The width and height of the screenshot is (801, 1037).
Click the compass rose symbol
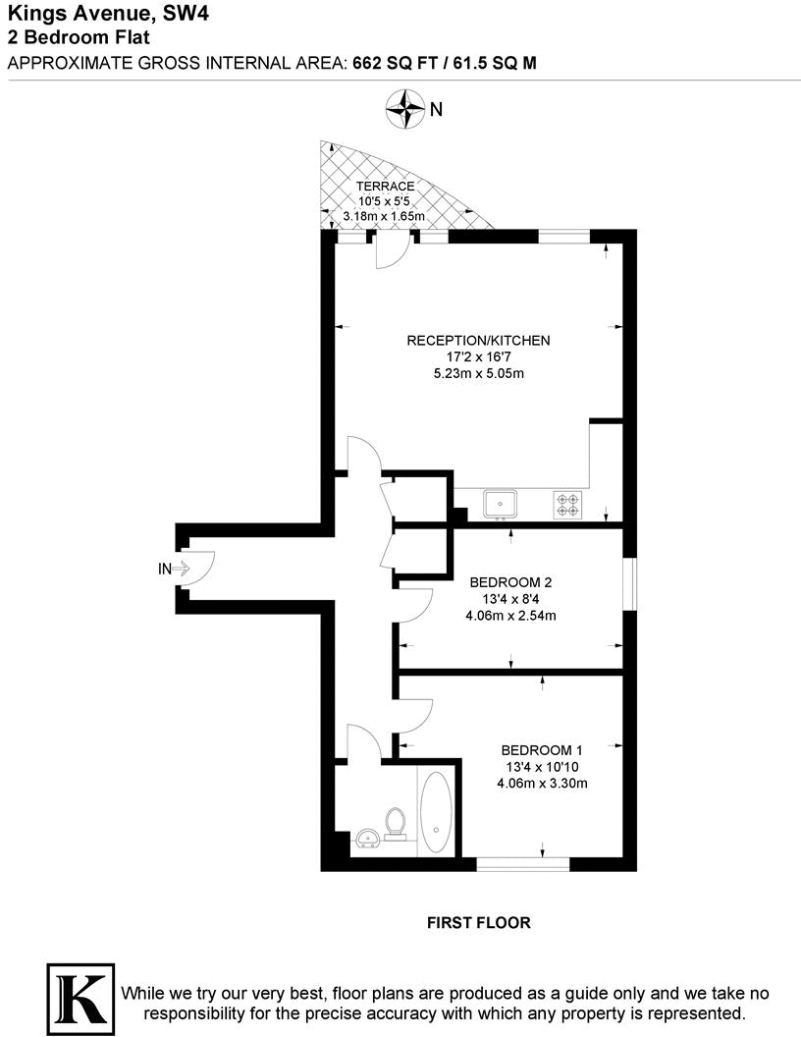(403, 108)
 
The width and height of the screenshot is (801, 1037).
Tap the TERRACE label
(384, 187)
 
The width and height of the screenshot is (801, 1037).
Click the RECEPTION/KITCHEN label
(479, 341)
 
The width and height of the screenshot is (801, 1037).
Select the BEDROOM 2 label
(510, 582)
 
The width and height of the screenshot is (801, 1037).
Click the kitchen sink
(501, 504)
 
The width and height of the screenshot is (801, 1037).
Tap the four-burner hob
(568, 504)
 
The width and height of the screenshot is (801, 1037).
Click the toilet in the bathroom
(397, 823)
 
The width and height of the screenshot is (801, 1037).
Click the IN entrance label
(165, 569)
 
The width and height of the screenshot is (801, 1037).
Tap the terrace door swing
(392, 251)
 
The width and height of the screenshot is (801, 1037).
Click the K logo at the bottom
(79, 994)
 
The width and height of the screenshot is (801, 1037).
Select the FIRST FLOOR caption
(479, 923)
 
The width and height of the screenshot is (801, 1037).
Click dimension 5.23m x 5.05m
(478, 374)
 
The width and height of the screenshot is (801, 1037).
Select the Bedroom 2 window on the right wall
(629, 585)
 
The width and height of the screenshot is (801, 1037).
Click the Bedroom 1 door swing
(415, 715)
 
